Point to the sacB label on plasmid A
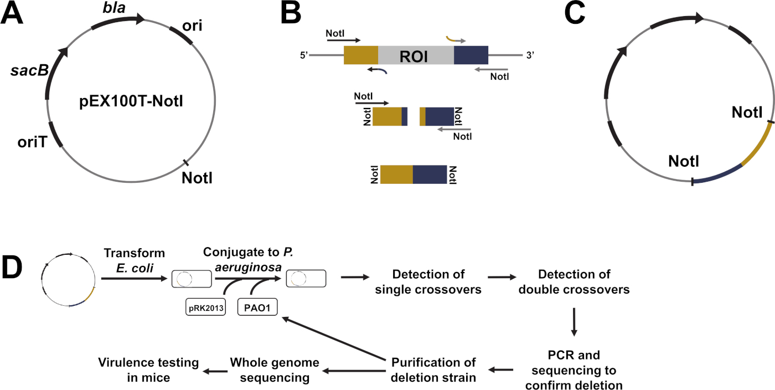pyautogui.click(x=26, y=71)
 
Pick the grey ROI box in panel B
pyautogui.click(x=416, y=57)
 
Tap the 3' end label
pyautogui.click(x=528, y=56)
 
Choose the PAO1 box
pyautogui.click(x=257, y=306)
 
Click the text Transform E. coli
pyautogui.click(x=135, y=260)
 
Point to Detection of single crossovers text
pyautogui.click(x=428, y=281)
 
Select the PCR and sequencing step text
pyautogui.click(x=574, y=370)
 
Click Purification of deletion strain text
pyautogui.click(x=433, y=370)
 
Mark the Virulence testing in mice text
pyautogui.click(x=148, y=370)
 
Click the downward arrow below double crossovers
pyautogui.click(x=574, y=321)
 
